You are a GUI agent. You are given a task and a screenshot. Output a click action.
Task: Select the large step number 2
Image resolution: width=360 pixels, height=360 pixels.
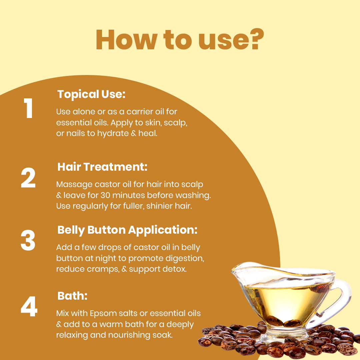(x=28, y=179)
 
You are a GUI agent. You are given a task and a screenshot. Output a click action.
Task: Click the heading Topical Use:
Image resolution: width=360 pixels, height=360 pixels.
(x=91, y=94)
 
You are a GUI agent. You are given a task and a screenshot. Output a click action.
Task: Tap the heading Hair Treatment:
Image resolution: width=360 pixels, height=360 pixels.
(x=102, y=167)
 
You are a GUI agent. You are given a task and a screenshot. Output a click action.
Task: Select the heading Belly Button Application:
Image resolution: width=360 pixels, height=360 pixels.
(x=127, y=230)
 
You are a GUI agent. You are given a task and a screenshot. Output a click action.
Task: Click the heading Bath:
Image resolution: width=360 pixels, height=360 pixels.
(x=72, y=296)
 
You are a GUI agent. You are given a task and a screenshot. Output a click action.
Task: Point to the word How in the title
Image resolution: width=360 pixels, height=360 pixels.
(x=124, y=40)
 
